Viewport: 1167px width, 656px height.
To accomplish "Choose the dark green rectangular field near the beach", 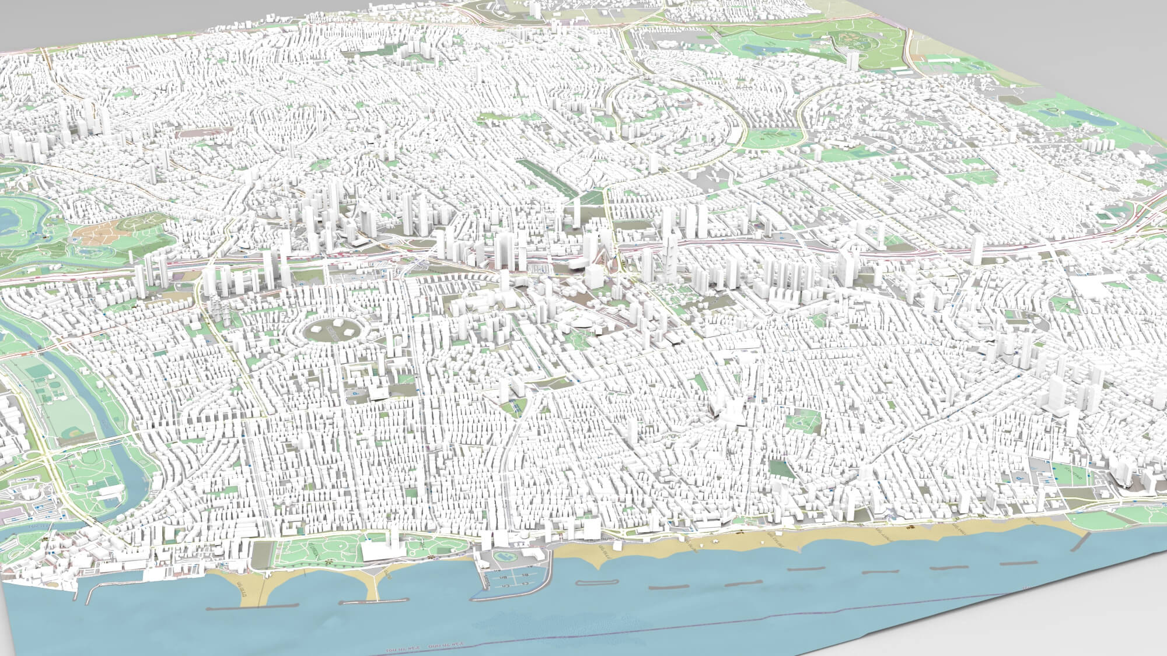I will (778, 468).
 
